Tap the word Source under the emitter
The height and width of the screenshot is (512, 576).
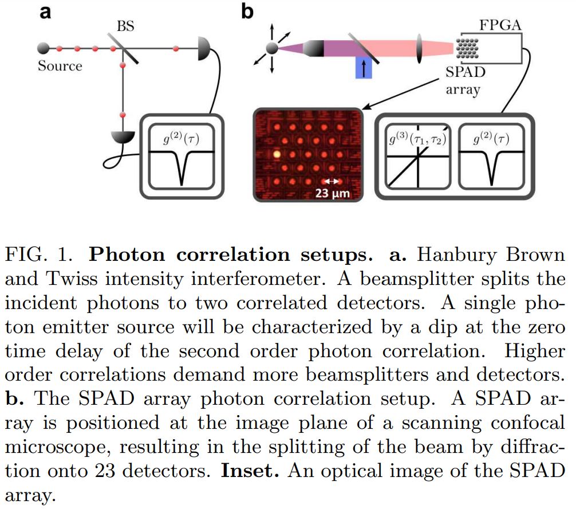coord(60,66)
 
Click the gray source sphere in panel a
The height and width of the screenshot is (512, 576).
coord(42,48)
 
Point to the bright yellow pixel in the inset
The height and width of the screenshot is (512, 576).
coord(277,154)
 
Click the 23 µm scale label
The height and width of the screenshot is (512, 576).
coord(332,194)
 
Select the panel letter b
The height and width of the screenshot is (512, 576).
coord(247,11)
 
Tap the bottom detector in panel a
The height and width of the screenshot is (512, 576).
coord(123,137)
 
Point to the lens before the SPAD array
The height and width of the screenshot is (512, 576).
coord(421,48)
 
